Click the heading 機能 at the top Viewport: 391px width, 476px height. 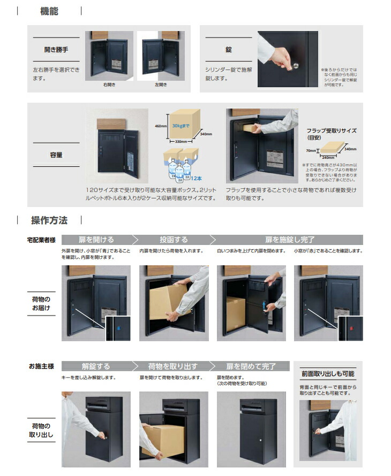pyautogui.click(x=49, y=11)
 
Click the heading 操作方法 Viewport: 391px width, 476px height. pyautogui.click(x=49, y=220)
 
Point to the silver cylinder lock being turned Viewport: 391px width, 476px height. pyautogui.click(x=295, y=66)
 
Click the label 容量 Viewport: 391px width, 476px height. pyautogui.click(x=56, y=155)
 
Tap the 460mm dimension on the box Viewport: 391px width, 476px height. pyautogui.click(x=159, y=126)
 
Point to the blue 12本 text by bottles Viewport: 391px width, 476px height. pyautogui.click(x=196, y=178)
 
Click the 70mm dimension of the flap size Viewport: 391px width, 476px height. pyautogui.click(x=311, y=151)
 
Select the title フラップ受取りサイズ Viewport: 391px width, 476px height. pyautogui.click(x=330, y=130)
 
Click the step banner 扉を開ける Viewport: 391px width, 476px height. pyautogui.click(x=97, y=240)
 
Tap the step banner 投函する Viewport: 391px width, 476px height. pyautogui.click(x=174, y=240)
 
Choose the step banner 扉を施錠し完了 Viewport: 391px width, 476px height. pyautogui.click(x=289, y=240)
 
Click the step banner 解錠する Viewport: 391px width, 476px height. pyautogui.click(x=96, y=366)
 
